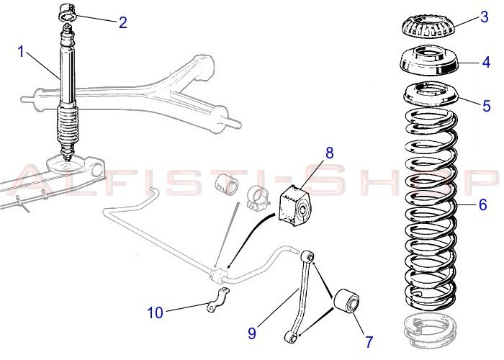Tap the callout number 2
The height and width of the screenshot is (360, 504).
122,22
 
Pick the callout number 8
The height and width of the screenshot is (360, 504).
330,153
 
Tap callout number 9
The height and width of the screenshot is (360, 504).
252,333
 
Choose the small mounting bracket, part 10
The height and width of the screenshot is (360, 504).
216,301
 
